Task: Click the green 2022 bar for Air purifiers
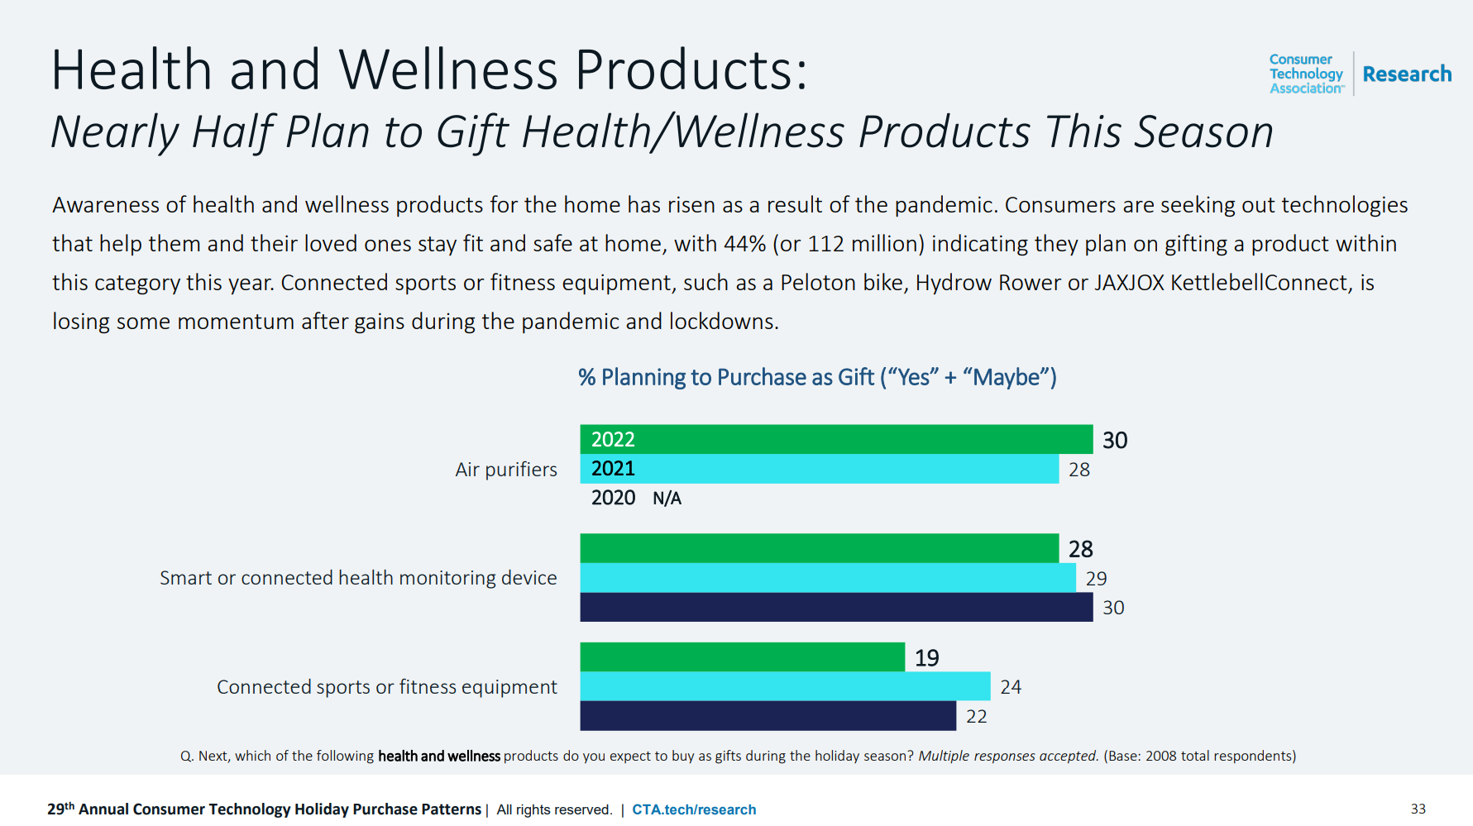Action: tap(835, 439)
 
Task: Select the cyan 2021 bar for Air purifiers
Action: tap(819, 469)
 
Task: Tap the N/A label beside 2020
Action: tap(667, 498)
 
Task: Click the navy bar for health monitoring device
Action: tap(835, 607)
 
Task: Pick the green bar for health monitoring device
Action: tap(819, 548)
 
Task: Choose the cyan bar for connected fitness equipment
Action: tap(785, 686)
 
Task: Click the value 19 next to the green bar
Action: tap(926, 658)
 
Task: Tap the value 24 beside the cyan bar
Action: tap(1011, 687)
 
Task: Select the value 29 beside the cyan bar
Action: tap(1096, 579)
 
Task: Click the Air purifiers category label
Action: tap(506, 470)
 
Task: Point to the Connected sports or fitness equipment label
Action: tap(386, 687)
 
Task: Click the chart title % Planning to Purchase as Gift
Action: tap(817, 377)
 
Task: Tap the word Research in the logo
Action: tap(1407, 74)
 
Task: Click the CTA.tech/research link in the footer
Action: tap(694, 809)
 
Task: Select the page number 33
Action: tap(1418, 809)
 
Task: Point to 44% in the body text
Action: tap(744, 244)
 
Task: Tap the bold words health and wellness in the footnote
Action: tap(439, 756)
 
